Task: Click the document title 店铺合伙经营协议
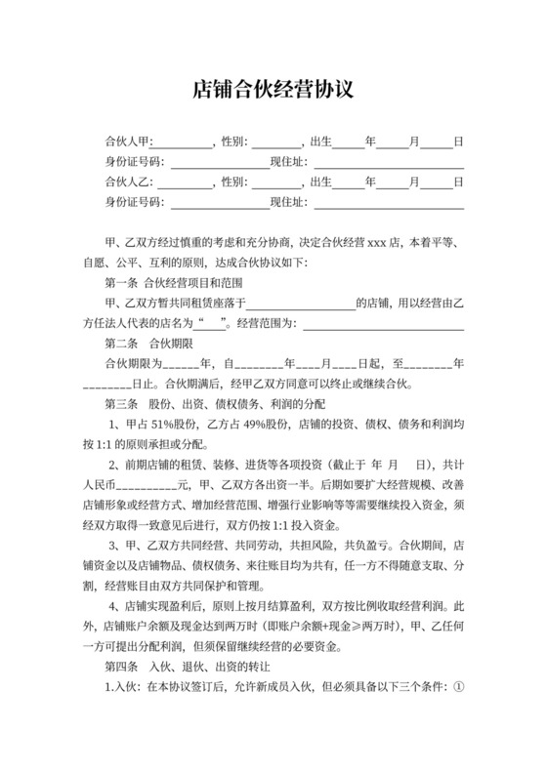273,90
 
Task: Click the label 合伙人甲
127,142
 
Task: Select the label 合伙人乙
127,183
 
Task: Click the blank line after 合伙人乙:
184,184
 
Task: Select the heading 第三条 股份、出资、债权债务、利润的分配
216,404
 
